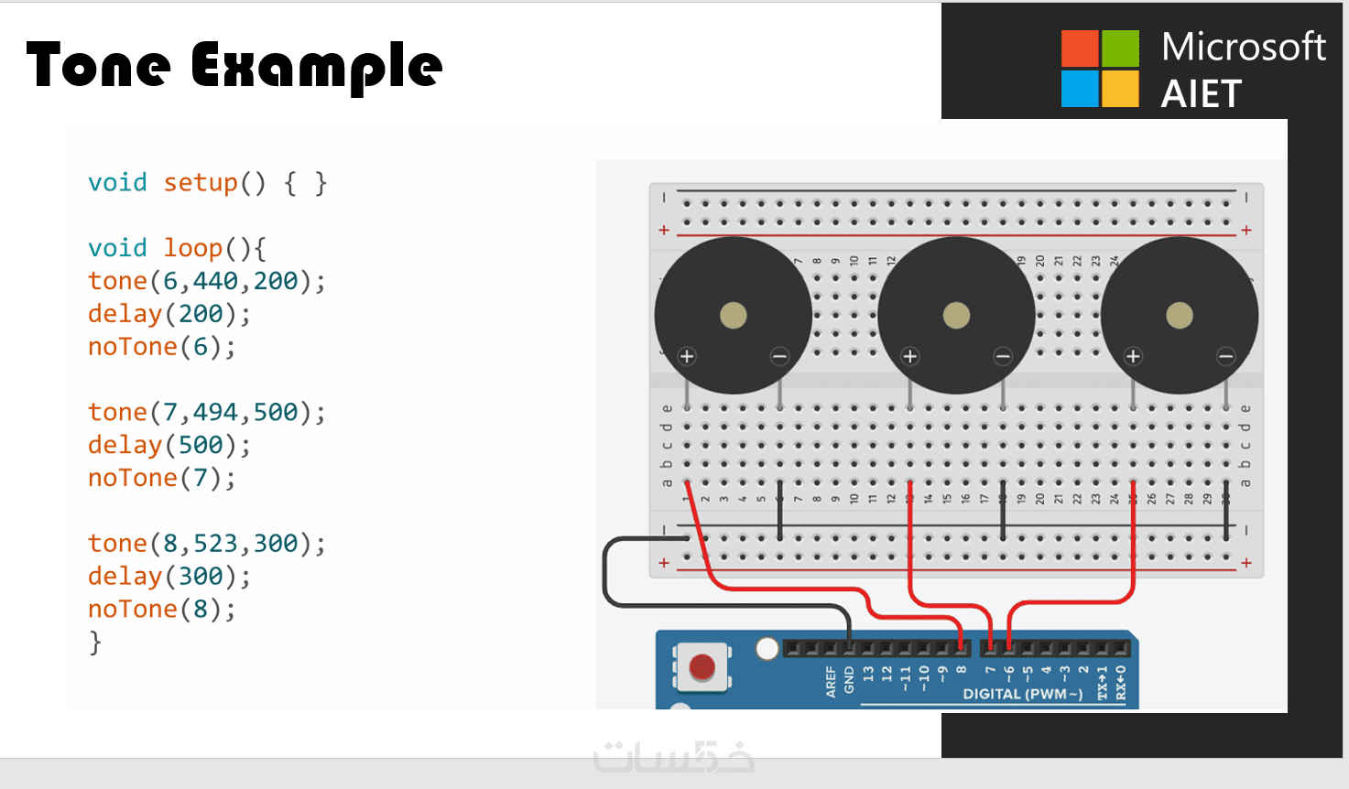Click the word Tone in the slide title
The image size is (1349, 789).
(x=98, y=66)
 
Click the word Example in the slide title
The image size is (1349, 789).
(x=317, y=68)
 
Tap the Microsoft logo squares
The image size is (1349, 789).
(x=1100, y=69)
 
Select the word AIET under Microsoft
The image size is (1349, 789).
(x=1201, y=94)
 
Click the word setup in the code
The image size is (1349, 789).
(x=201, y=183)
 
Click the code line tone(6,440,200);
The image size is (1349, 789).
(x=206, y=281)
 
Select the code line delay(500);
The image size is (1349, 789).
(x=169, y=445)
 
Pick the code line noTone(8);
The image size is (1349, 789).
(x=161, y=610)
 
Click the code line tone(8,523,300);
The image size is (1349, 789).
(x=206, y=544)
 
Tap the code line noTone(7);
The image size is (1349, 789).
(x=161, y=478)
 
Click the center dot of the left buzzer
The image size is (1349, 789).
(x=733, y=316)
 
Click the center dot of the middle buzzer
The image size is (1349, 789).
(x=956, y=316)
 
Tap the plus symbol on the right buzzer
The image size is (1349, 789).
(x=1133, y=356)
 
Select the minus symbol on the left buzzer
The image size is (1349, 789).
(x=779, y=356)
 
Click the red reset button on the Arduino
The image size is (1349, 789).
(x=702, y=666)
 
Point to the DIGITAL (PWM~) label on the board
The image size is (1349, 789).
(x=1022, y=695)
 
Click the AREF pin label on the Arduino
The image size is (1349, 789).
(x=831, y=682)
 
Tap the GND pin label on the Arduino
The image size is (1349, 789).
(x=850, y=679)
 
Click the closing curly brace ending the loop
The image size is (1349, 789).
(x=95, y=643)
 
